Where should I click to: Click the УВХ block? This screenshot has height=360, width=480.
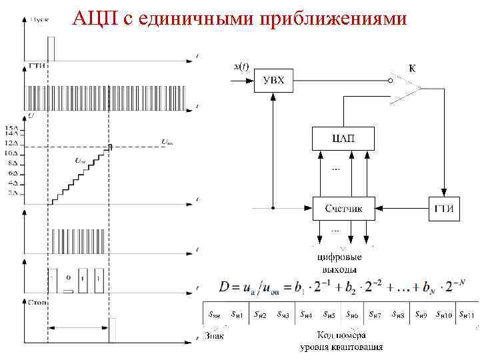pyautogui.click(x=273, y=81)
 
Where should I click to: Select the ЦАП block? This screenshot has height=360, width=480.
pyautogui.click(x=343, y=139)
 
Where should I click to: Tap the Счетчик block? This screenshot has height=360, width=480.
pyautogui.click(x=343, y=208)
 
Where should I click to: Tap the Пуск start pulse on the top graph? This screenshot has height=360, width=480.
pyautogui.click(x=51, y=49)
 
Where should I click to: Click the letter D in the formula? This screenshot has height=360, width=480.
pyautogui.click(x=225, y=287)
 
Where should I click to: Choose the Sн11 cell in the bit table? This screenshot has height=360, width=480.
pyautogui.click(x=464, y=314)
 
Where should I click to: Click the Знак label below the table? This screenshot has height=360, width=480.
pyautogui.click(x=214, y=336)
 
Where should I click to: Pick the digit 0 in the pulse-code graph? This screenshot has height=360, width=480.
pyautogui.click(x=69, y=275)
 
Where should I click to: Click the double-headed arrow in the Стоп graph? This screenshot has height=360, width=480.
pyautogui.click(x=81, y=327)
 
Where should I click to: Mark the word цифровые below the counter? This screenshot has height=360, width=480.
pyautogui.click(x=339, y=257)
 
